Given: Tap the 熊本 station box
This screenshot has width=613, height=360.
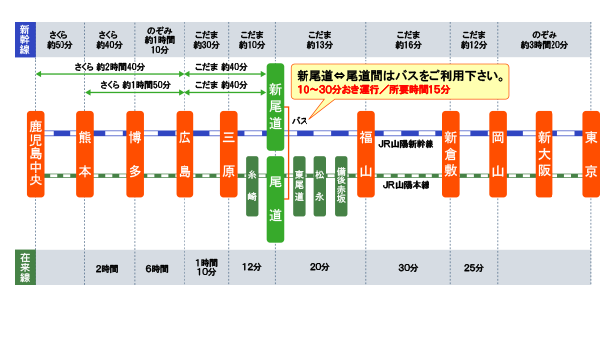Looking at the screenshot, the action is (x=85, y=153).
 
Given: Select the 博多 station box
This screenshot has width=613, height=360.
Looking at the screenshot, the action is (x=136, y=153).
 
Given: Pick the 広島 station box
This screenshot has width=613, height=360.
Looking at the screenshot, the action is (x=184, y=153).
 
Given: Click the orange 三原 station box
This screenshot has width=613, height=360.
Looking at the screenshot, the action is (x=228, y=153).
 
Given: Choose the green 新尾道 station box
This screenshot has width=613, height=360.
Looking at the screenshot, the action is (x=276, y=105).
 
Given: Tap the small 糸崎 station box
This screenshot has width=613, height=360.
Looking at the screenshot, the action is (x=252, y=183).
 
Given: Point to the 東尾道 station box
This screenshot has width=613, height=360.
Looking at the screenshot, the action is (x=299, y=183).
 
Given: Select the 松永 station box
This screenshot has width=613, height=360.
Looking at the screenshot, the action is (x=320, y=183).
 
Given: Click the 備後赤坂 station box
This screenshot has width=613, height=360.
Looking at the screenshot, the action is (x=341, y=183).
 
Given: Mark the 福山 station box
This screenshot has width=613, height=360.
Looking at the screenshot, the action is (x=366, y=153).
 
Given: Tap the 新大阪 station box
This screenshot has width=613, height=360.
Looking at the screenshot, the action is (x=544, y=153).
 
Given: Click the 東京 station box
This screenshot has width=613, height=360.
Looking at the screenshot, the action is (x=591, y=153).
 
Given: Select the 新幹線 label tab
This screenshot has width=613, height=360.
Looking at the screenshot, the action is (x=25, y=38).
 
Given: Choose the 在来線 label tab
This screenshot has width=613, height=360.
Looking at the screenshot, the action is (x=25, y=268).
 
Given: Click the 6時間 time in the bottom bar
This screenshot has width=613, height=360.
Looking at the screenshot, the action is (x=156, y=269).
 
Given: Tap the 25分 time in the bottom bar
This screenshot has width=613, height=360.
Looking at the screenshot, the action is (x=473, y=269).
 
